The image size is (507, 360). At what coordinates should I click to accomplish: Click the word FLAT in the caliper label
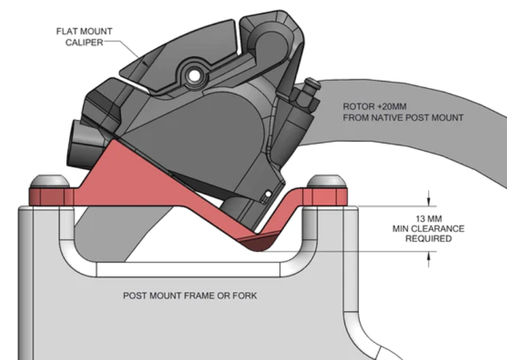68,30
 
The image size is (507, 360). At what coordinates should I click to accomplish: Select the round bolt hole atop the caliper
193,76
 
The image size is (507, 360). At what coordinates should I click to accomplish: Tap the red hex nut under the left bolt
48,196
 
